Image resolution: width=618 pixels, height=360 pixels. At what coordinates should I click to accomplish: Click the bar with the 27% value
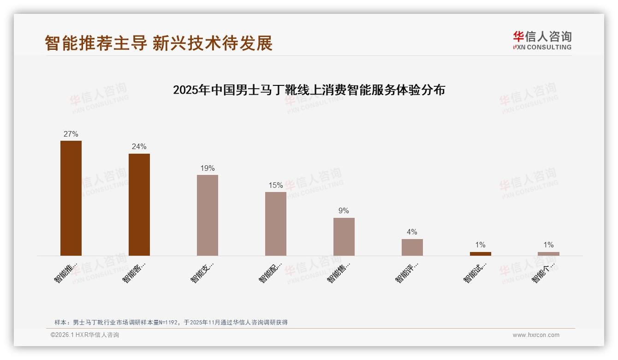71,198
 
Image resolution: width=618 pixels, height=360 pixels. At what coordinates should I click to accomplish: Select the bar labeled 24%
139,204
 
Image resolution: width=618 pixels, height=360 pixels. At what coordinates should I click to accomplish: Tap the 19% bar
208,215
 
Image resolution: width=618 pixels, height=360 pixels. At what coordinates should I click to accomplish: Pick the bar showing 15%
276,224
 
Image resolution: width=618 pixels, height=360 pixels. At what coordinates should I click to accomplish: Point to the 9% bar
344,237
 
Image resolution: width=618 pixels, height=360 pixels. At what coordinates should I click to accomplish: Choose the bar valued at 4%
412,247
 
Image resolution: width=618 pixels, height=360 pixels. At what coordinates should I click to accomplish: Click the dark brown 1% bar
481,254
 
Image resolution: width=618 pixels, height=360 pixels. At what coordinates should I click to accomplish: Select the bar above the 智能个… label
548,254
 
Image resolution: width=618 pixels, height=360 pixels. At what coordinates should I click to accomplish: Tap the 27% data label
71,134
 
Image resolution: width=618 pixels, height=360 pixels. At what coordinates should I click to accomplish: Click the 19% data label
208,168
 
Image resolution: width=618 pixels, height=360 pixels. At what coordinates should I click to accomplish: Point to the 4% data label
412,232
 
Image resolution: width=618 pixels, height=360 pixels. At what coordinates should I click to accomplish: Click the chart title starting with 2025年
309,90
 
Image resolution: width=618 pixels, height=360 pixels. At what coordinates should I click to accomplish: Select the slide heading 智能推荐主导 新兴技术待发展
159,43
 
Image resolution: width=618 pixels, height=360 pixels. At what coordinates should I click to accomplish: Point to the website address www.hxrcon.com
536,335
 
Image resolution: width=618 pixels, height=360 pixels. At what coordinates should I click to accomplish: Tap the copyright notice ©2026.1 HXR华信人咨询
85,335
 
